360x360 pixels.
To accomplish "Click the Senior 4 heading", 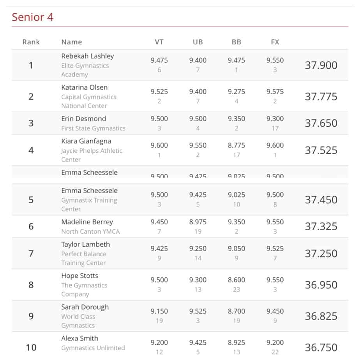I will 32,17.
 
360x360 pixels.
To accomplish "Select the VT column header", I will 159,42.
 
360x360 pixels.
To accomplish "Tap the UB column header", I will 198,42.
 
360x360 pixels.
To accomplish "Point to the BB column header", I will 236,42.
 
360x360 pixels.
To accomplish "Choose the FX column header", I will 275,42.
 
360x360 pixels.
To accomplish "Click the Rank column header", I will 31,42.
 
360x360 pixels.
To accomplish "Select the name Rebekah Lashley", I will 88,56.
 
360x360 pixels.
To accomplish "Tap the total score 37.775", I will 321,97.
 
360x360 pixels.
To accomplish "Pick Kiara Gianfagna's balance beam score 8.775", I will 236,145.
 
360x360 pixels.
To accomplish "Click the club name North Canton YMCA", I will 90,231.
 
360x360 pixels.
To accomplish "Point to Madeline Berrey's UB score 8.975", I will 198,222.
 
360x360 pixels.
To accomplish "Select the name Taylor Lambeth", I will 86,245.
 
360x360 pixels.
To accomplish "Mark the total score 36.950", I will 321,285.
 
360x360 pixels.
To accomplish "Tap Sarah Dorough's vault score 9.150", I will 159,311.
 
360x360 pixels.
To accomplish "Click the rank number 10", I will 31,347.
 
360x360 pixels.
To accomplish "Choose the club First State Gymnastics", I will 93,128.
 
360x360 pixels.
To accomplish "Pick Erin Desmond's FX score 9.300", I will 275,119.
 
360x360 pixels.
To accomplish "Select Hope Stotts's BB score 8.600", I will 236,280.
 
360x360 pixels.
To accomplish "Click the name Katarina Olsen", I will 85,87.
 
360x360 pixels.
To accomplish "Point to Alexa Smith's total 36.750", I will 321,347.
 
